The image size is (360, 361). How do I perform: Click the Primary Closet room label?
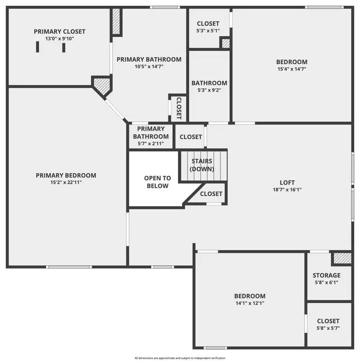(x=59, y=32)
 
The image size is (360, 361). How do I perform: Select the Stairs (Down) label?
(x=202, y=165)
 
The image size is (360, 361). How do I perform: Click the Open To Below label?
(x=157, y=182)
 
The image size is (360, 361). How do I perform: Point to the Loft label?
(x=287, y=183)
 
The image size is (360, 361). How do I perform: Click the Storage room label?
(x=327, y=275)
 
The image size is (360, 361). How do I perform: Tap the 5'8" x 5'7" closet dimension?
(x=328, y=328)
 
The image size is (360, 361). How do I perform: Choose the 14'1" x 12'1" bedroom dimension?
(x=249, y=303)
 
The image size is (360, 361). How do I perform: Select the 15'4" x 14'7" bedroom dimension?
(x=292, y=69)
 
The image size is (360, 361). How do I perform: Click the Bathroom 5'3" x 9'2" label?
(x=209, y=83)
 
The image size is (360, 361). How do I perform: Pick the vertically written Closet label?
(x=179, y=108)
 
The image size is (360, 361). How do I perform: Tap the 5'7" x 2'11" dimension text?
(x=150, y=143)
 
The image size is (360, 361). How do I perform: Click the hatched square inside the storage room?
(x=342, y=259)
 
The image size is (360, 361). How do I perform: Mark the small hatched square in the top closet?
(x=224, y=43)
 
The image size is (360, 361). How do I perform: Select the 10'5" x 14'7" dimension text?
(x=149, y=66)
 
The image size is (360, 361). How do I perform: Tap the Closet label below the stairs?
(x=211, y=194)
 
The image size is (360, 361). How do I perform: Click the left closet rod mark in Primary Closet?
(x=37, y=47)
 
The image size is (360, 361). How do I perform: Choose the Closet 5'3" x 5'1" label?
(x=208, y=23)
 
